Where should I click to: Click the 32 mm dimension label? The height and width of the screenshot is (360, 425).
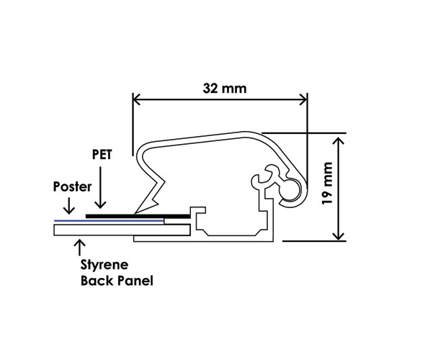[225, 89]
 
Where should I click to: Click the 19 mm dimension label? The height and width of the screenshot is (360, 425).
[327, 184]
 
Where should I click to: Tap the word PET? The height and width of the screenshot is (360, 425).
[102, 154]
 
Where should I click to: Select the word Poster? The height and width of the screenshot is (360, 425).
[72, 186]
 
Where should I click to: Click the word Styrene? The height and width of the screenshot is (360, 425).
[104, 265]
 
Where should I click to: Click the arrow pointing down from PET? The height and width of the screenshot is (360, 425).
[101, 187]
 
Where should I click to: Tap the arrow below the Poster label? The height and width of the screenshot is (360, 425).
[69, 206]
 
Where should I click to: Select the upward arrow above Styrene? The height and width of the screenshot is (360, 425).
[80, 247]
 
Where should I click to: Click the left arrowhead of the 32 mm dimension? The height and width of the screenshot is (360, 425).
[136, 99]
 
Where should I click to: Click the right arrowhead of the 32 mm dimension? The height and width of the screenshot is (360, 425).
[303, 99]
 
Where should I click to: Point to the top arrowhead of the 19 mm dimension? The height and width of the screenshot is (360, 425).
[339, 140]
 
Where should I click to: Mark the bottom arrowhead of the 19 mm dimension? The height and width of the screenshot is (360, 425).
[339, 236]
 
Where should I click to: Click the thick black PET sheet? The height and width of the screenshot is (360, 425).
[138, 216]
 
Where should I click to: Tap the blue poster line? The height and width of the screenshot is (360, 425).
[109, 221]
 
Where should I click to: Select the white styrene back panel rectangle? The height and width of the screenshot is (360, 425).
[122, 230]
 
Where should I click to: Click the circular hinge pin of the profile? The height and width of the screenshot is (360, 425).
[290, 190]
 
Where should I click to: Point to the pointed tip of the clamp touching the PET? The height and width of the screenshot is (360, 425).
[135, 213]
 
